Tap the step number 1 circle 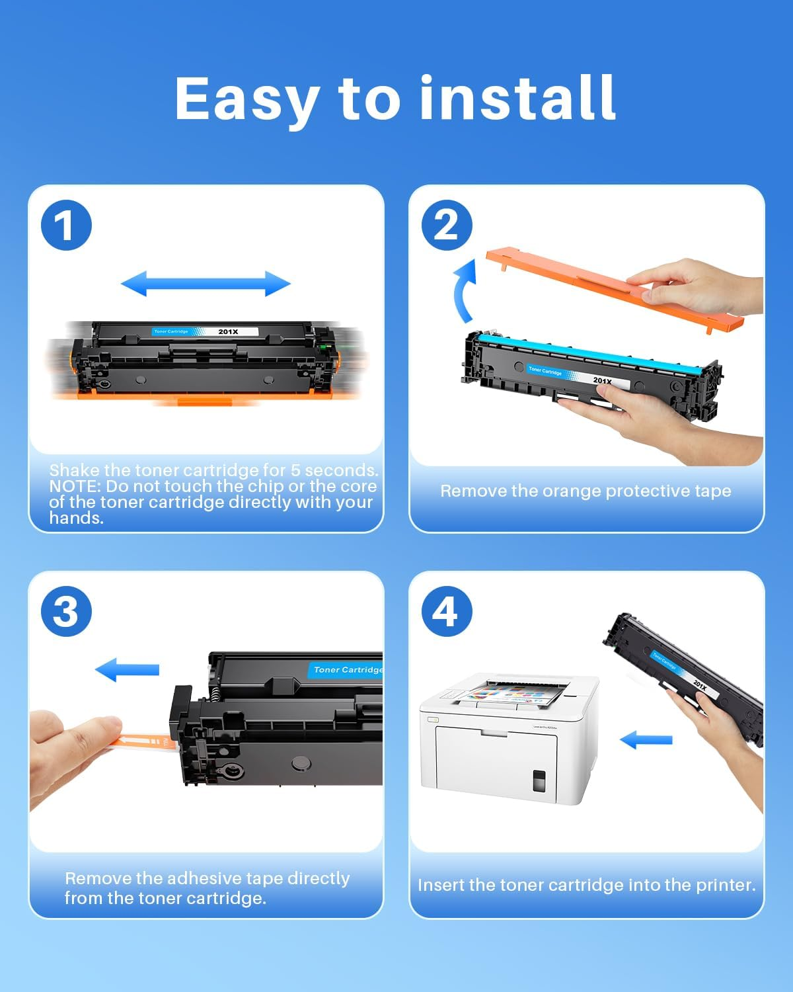pos(66,226)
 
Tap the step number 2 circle pos(447,226)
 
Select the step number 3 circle pos(66,612)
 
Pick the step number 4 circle pos(447,612)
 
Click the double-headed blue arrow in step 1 pos(206,284)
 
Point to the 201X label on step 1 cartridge pos(228,331)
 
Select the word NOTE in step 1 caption pos(75,486)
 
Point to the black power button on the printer pos(539,781)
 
